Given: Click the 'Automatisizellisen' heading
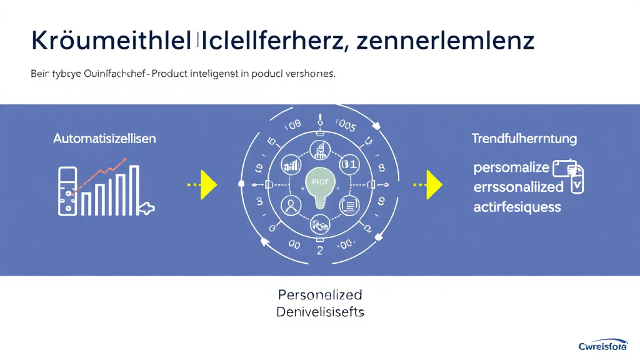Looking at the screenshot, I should (x=104, y=138).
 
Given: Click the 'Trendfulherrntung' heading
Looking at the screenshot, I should (x=524, y=138).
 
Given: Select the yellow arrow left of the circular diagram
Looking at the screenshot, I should (x=206, y=184).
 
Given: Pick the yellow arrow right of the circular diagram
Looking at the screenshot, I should (x=432, y=184).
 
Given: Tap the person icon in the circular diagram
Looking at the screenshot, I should (x=291, y=204).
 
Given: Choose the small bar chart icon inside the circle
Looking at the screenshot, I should (x=291, y=166).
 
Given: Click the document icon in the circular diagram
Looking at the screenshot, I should (x=348, y=204).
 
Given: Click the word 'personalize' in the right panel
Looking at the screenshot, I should (x=511, y=167).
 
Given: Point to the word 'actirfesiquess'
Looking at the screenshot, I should (x=517, y=206).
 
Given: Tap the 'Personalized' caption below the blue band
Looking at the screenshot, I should (x=320, y=294).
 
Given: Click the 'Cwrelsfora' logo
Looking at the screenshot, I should (x=606, y=346).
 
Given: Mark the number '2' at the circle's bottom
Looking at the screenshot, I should (x=320, y=251).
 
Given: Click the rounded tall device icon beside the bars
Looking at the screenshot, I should (x=67, y=191).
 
